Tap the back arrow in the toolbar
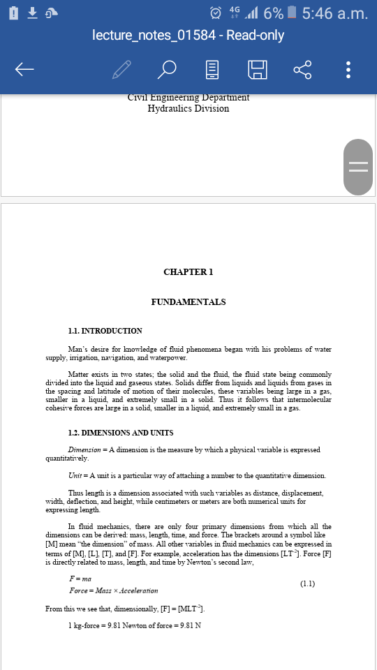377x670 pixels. tap(24, 69)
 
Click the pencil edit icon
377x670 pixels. tap(121, 69)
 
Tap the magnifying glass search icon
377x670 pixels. tap(168, 69)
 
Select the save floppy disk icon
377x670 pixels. tap(257, 69)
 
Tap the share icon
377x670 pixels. tap(302, 69)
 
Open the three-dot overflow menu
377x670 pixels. tap(348, 69)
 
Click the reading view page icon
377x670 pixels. tap(213, 69)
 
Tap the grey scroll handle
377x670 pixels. tap(358, 166)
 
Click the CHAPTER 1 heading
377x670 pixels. tap(188, 272)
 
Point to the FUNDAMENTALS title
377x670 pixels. tap(188, 302)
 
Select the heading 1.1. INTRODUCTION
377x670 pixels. tap(105, 331)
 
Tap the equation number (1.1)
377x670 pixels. tap(307, 583)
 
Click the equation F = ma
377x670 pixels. tap(80, 579)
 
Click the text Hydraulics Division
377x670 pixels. tap(188, 109)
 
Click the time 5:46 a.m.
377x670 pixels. tap(335, 13)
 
